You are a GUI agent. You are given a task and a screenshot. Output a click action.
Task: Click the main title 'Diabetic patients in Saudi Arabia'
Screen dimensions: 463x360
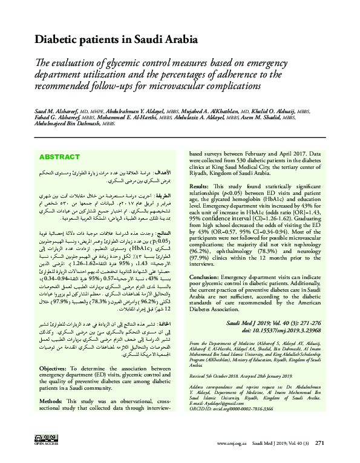tap(116, 40)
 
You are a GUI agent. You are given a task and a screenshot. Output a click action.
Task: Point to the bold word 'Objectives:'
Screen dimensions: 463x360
tap(53, 368)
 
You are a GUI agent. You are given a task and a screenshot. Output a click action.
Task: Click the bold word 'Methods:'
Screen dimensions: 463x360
tap(50, 400)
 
